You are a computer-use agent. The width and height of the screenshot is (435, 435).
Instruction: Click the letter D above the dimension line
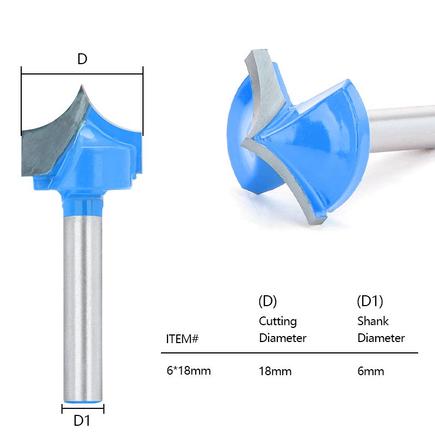click(82, 59)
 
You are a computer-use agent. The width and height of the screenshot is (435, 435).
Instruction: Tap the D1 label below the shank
click(82, 421)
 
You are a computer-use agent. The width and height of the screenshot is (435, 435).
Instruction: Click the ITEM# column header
click(182, 339)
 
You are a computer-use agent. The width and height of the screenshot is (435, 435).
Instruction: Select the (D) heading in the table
click(268, 301)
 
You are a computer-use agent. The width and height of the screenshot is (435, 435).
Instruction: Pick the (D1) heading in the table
click(370, 301)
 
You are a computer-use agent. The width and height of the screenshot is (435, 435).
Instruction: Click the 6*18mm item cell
click(189, 371)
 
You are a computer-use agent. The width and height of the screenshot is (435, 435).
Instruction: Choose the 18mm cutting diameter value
click(275, 371)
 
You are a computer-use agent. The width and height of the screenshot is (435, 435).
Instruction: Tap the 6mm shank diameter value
click(371, 371)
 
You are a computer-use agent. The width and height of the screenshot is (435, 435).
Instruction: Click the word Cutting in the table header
click(278, 321)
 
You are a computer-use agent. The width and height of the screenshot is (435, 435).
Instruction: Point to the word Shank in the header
click(373, 321)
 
